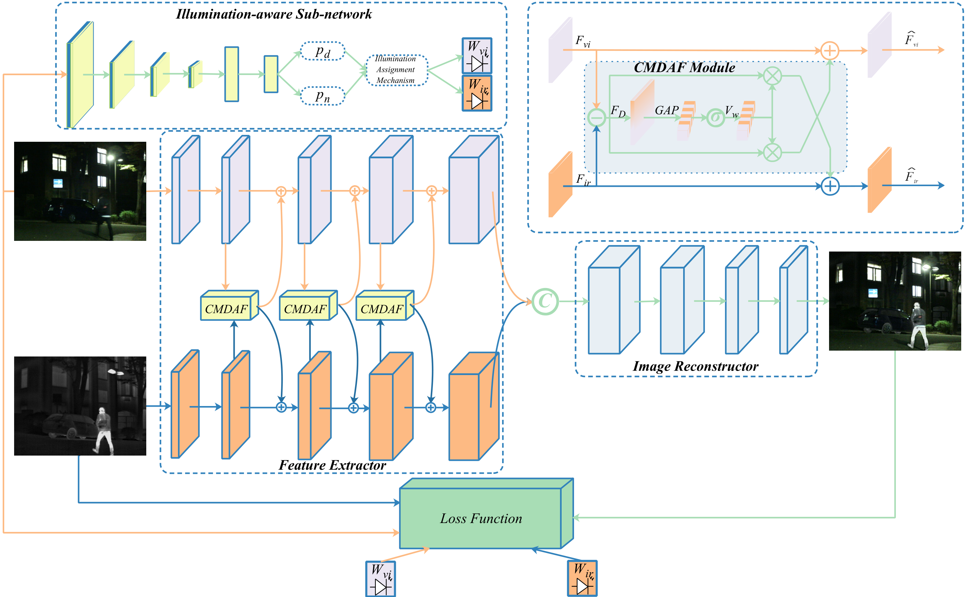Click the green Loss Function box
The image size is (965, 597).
point(480,518)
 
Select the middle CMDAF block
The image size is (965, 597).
point(305,309)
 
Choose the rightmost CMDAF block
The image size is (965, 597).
point(382,309)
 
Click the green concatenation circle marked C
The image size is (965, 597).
point(545,301)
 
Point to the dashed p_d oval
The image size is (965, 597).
point(322,51)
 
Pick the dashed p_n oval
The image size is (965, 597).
point(322,96)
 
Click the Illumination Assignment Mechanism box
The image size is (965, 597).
point(396,70)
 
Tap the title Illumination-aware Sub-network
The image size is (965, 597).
point(274,14)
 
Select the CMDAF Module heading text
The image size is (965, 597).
point(684,67)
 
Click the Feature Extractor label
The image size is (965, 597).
point(332,465)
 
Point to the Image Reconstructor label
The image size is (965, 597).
point(695,366)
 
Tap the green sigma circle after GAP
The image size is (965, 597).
point(715,117)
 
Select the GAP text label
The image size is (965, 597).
point(667,110)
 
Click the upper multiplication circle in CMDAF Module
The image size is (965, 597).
point(772,75)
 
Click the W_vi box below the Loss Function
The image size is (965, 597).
point(381,578)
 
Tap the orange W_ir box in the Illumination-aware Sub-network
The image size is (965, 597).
point(477,93)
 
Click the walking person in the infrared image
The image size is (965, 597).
point(104,430)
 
